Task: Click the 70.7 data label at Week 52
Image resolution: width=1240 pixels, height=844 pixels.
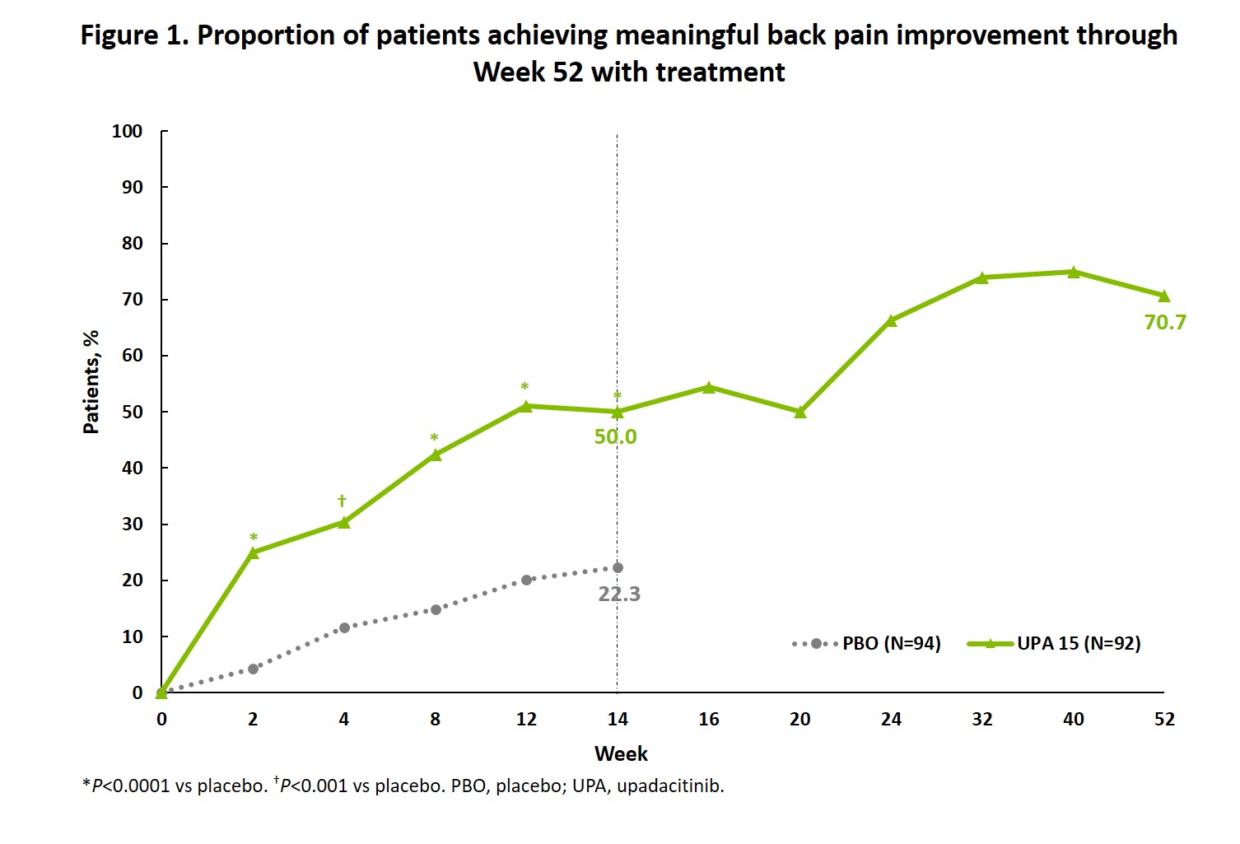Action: point(1165,322)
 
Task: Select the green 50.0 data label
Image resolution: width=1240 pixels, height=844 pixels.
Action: point(615,436)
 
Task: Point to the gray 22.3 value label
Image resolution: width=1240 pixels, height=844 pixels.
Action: point(619,594)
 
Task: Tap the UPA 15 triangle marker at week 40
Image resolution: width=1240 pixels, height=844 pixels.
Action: point(1074,272)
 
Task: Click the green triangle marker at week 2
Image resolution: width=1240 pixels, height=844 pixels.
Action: point(253,553)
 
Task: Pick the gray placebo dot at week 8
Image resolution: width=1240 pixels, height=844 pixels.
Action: point(436,609)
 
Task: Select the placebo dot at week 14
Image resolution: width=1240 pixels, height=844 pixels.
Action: point(618,567)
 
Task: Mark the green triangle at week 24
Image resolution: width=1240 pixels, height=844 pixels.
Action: point(891,320)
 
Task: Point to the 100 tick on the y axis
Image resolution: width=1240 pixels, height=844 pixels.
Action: point(128,131)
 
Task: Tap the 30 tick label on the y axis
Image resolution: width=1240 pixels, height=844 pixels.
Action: point(133,525)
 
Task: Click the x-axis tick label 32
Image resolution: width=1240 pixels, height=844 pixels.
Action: point(982,719)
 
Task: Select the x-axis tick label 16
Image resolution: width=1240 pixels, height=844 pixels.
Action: point(709,719)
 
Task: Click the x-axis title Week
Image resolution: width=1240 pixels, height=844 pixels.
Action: point(621,753)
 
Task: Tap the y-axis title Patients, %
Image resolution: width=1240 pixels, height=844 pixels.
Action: point(91,382)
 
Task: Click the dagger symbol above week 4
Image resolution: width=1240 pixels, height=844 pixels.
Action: point(342,501)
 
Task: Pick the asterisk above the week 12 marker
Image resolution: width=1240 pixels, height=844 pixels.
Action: point(524,386)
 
